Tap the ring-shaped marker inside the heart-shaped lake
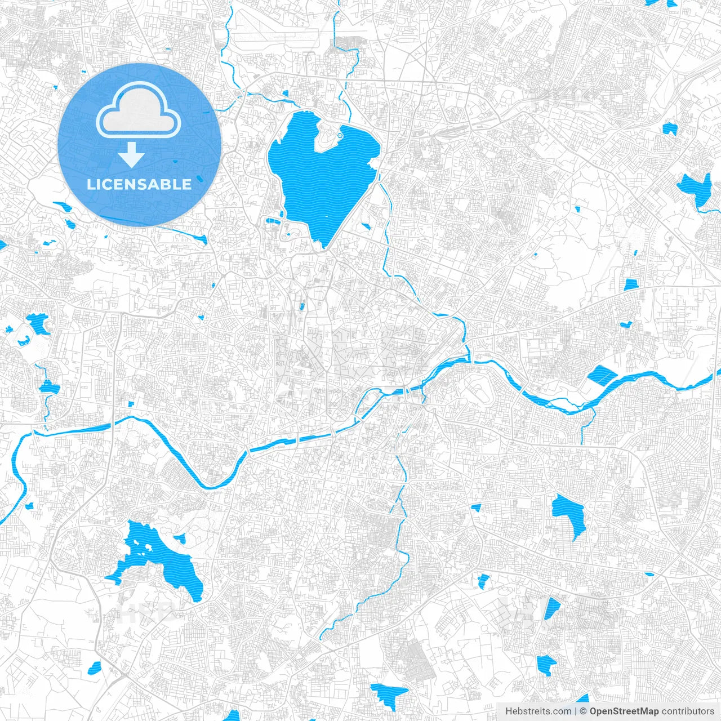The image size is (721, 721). click(x=340, y=136)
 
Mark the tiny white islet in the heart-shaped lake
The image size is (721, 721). click(x=326, y=216)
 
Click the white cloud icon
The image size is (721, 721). click(x=139, y=113)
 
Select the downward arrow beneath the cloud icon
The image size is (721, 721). click(x=132, y=154)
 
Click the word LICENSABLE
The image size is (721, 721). click(x=139, y=184)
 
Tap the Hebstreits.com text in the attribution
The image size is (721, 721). click(x=538, y=711)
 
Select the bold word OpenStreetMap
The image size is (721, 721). click(x=624, y=711)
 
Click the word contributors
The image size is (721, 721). click(x=688, y=711)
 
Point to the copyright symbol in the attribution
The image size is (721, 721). click(x=584, y=711)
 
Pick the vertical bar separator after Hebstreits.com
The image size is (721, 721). click(x=575, y=711)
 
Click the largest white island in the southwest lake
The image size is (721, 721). click(x=150, y=547)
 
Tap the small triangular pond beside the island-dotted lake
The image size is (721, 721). click(x=180, y=538)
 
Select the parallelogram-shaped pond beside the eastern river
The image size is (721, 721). click(x=602, y=375)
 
